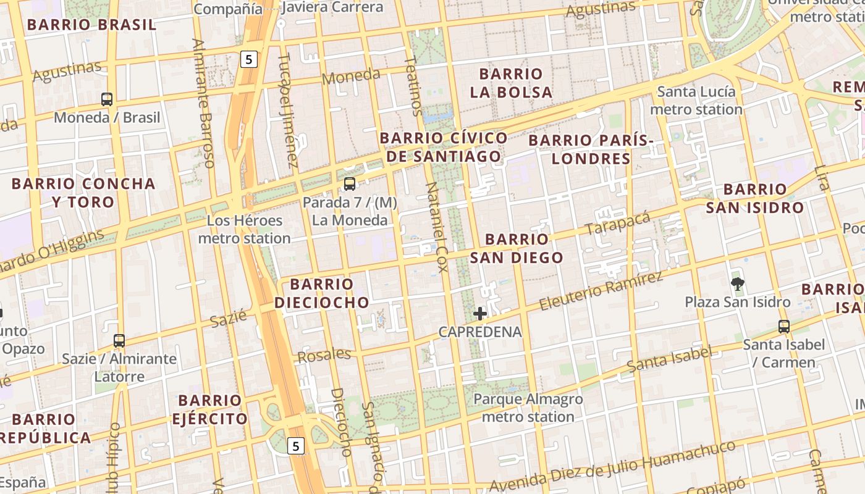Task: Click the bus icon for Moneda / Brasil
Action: (x=107, y=99)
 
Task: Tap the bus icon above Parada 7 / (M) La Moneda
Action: (x=350, y=183)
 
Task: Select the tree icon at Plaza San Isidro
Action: (x=737, y=284)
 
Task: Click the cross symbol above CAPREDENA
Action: (x=480, y=314)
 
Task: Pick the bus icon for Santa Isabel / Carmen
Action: (x=783, y=327)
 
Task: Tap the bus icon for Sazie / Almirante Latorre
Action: (x=119, y=340)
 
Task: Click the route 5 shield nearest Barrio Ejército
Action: (x=297, y=445)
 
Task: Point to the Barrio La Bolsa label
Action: (x=510, y=83)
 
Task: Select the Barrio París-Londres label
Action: (x=591, y=149)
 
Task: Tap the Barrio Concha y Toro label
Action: (x=83, y=193)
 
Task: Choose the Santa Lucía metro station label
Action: (x=696, y=101)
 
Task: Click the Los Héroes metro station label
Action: (x=245, y=229)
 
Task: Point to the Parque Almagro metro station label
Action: (x=528, y=408)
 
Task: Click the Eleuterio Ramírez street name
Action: (x=601, y=291)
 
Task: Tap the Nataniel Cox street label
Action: (x=437, y=229)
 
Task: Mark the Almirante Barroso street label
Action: (x=203, y=103)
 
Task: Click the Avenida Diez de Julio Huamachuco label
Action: (x=612, y=466)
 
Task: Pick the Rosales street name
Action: (x=324, y=355)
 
